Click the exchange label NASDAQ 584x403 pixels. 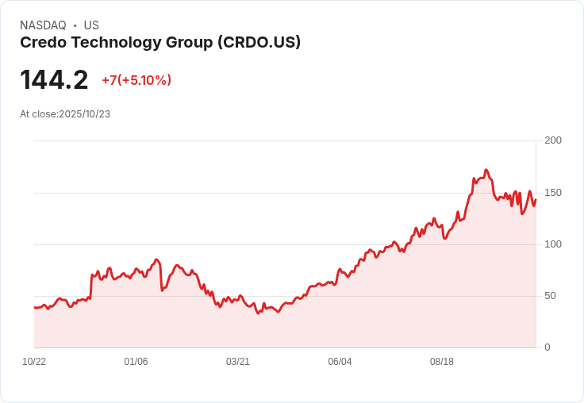(x=43, y=25)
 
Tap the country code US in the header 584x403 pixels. (x=91, y=25)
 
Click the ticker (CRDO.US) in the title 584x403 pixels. (x=259, y=43)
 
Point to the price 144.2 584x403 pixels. (x=54, y=80)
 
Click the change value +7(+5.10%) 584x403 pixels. (x=136, y=80)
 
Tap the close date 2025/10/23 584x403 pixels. (x=84, y=114)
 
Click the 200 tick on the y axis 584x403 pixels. (x=552, y=140)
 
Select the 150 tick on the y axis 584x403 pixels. (x=552, y=193)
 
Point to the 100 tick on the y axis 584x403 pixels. (x=552, y=244)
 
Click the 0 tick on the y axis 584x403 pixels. (x=547, y=347)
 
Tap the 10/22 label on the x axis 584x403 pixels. (x=34, y=362)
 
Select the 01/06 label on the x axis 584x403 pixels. (x=136, y=362)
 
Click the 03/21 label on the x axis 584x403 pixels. (x=238, y=362)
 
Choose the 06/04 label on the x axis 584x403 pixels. (x=340, y=362)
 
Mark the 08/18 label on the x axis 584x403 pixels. (x=442, y=362)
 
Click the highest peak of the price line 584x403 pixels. (x=486, y=170)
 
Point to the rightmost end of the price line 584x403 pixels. (x=536, y=200)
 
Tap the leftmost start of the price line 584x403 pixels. (x=34, y=307)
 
